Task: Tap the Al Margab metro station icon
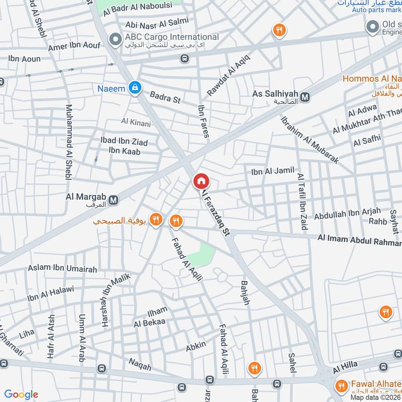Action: pos(114,200)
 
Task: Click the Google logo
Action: pos(21,394)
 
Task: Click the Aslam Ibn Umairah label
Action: pos(63,269)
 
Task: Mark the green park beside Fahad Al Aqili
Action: pos(203,254)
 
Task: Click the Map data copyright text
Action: pos(376,397)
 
